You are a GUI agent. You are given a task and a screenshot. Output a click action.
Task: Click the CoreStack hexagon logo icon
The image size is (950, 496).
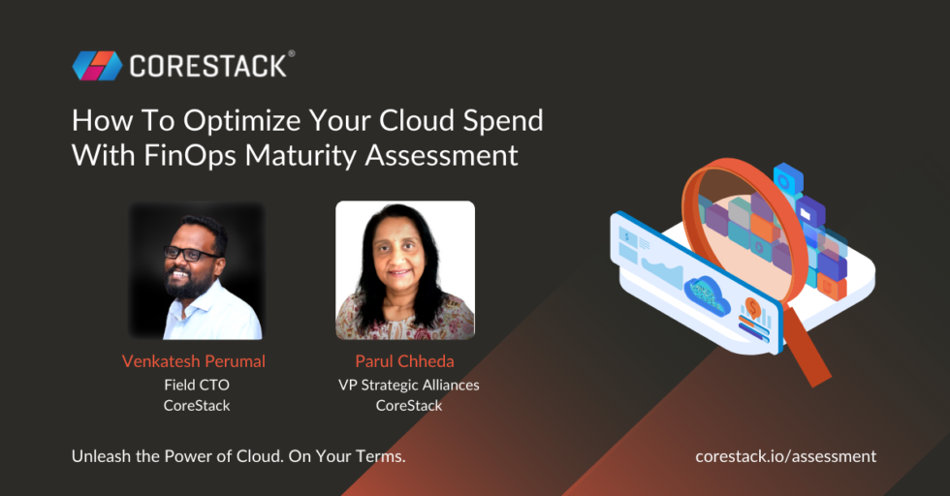[x=97, y=65]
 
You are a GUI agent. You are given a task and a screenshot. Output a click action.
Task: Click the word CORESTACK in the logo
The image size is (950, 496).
[x=207, y=66]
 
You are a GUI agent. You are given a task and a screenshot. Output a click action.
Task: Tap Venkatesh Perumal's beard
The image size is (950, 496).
[x=188, y=285]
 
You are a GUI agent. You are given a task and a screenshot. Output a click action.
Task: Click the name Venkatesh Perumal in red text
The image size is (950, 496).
[x=194, y=361]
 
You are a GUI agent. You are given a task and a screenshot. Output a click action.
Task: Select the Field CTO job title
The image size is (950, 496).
[x=196, y=385]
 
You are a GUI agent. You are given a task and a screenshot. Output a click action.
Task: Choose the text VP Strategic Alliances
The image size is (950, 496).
[x=408, y=385]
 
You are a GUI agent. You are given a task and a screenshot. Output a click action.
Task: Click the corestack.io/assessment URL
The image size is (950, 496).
[x=785, y=455]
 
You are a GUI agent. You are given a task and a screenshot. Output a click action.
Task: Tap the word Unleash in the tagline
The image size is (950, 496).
[x=102, y=455]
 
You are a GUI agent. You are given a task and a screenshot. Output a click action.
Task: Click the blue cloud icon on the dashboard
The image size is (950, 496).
[x=706, y=292]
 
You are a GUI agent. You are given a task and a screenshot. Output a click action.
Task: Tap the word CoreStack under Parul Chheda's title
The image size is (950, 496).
[x=408, y=405]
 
